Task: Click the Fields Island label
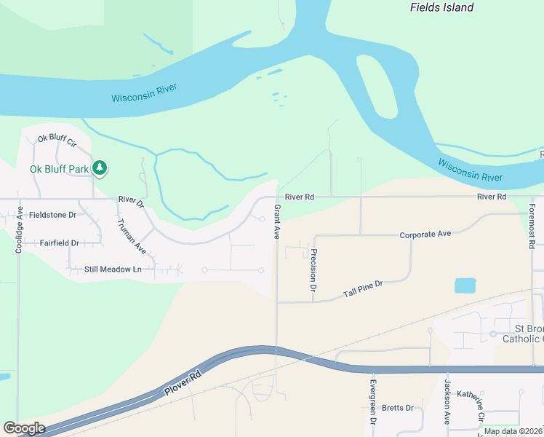pos(441,8)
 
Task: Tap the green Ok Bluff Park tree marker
pos(100,169)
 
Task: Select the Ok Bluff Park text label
pos(59,169)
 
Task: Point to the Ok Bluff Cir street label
pos(57,138)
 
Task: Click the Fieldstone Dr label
pos(52,215)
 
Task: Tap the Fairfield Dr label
pos(59,243)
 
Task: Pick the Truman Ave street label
pos(132,237)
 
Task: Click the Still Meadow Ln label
pos(113,269)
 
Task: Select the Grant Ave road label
pos(276,222)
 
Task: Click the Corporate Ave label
pos(425,235)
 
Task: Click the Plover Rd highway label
pos(183,385)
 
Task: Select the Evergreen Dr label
pos(372,402)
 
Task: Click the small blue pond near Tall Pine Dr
pos(465,286)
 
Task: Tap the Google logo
pos(24,428)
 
